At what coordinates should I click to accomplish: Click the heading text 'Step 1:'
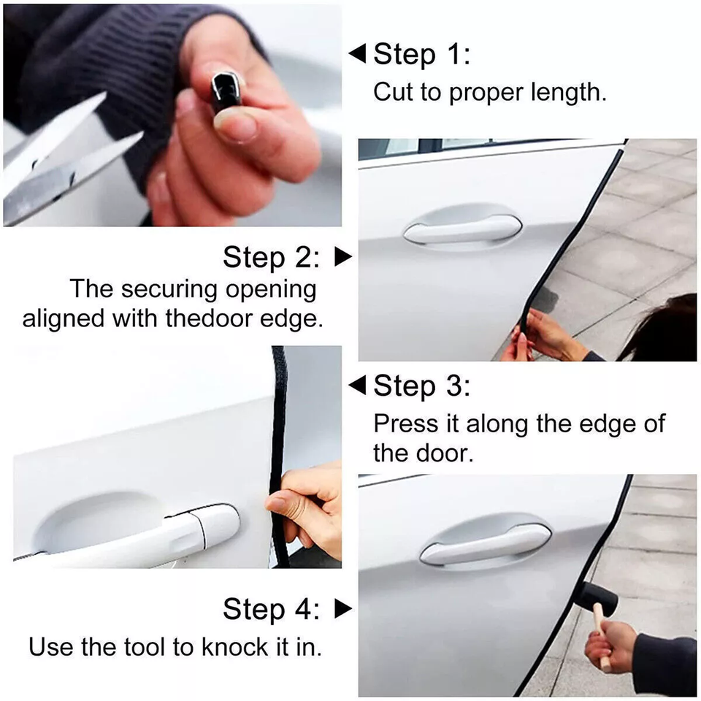pyautogui.click(x=422, y=55)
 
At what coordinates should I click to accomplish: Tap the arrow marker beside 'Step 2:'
pyautogui.click(x=342, y=257)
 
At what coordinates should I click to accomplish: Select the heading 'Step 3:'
pyautogui.click(x=422, y=386)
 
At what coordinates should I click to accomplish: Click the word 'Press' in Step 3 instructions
pyautogui.click(x=399, y=424)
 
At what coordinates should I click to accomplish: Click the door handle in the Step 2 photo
pyautogui.click(x=461, y=228)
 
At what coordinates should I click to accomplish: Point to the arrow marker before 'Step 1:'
pyautogui.click(x=357, y=54)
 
